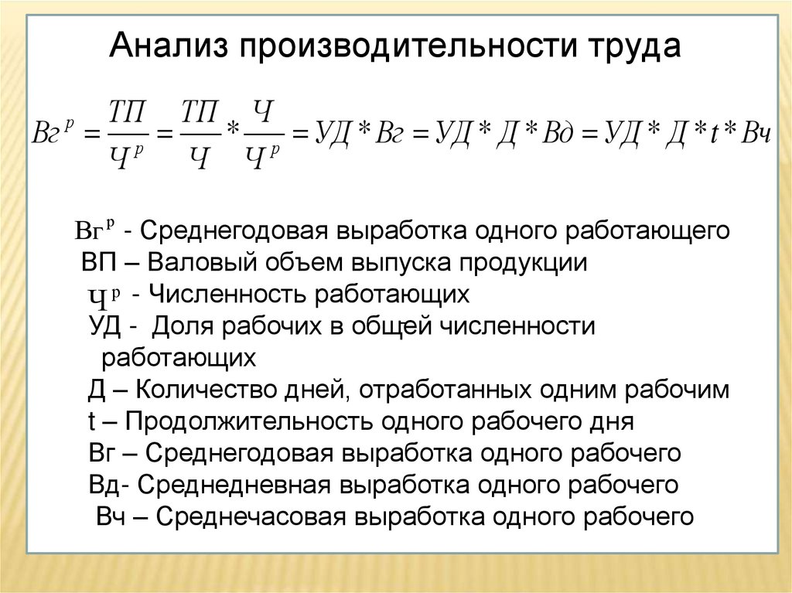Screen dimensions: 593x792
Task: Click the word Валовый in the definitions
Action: [x=199, y=263]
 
